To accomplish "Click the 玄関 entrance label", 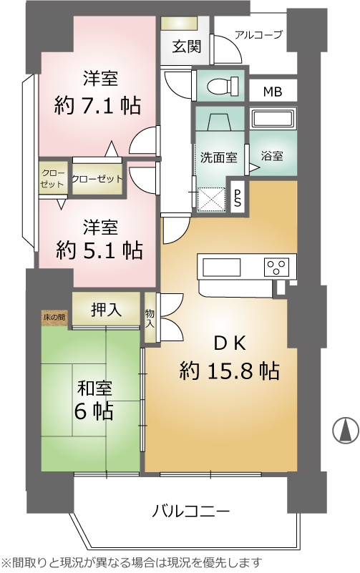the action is (186, 46).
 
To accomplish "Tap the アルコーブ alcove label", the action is (259, 35).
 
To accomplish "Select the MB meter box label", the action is (273, 92).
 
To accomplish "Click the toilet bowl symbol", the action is (223, 87).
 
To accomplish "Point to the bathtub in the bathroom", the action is (273, 119).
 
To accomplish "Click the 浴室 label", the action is (272, 156).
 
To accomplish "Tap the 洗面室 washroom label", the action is (218, 157).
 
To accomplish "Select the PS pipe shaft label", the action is (237, 197).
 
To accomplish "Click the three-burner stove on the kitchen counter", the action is (276, 267).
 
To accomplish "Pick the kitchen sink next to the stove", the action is (221, 267).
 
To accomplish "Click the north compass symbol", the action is (346, 430).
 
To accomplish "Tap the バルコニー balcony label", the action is (191, 511).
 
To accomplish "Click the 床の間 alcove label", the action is (54, 317).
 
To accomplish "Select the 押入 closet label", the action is (106, 310).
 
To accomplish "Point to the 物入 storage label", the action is (150, 318).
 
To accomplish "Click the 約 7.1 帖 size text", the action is (97, 106).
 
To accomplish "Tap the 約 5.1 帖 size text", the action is (99, 250).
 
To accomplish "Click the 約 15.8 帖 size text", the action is (230, 371).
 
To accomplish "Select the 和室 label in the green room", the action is (94, 389).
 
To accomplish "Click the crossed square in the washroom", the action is (211, 199).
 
